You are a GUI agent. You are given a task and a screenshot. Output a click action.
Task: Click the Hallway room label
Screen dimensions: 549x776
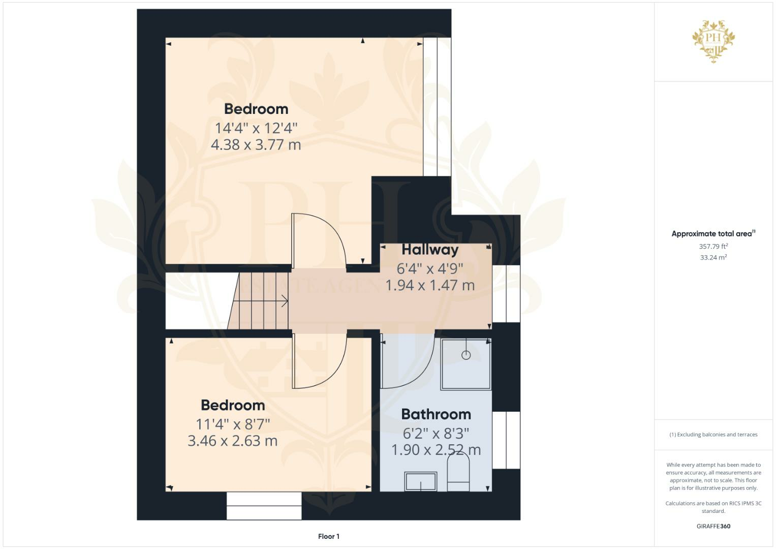(430, 250)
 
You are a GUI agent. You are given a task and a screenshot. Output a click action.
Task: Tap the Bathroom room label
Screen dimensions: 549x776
(436, 414)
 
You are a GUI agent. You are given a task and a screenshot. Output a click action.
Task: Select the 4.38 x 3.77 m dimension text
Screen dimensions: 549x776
(256, 144)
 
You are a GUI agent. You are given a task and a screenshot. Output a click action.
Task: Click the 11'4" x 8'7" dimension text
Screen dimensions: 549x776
(233, 423)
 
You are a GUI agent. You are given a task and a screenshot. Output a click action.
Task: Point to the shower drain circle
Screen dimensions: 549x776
(466, 355)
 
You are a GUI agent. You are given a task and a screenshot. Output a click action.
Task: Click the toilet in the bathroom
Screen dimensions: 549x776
(458, 473)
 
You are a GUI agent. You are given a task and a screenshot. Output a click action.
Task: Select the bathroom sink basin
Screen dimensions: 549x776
(420, 481)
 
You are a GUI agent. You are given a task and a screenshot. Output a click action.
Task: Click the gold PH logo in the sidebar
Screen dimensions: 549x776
(713, 41)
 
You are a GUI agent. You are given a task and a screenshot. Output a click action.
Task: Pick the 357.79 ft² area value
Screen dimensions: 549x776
(713, 247)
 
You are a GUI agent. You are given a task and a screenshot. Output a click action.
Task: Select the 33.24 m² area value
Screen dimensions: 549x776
(713, 258)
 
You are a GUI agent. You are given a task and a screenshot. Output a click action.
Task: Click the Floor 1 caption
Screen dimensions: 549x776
(329, 536)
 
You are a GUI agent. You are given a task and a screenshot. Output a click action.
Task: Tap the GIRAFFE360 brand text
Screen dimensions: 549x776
(713, 526)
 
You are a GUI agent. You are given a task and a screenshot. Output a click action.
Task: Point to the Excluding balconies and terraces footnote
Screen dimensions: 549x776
(713, 435)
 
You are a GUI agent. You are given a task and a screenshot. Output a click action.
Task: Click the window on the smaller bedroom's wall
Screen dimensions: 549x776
(264, 506)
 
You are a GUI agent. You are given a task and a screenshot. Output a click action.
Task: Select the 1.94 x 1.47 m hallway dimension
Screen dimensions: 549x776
(430, 285)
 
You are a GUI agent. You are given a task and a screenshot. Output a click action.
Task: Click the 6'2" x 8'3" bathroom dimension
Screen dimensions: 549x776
(436, 434)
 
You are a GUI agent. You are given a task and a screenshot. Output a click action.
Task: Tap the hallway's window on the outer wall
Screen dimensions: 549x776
(506, 294)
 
